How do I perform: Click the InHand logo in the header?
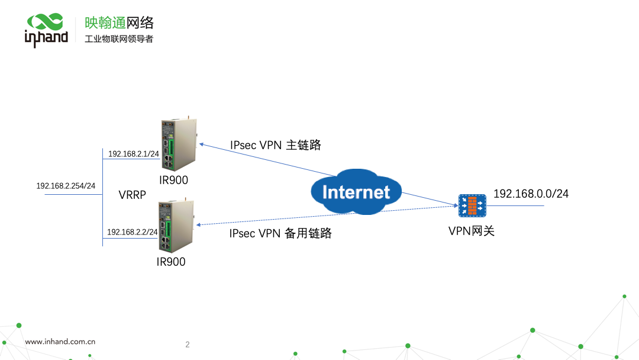[x=46, y=30]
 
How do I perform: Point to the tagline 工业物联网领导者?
[x=119, y=39]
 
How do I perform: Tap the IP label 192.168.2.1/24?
[x=134, y=154]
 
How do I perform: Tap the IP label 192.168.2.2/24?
[x=133, y=232]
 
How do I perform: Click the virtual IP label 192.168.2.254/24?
[x=66, y=186]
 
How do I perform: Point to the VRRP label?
[x=132, y=195]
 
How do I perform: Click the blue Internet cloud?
[x=356, y=191]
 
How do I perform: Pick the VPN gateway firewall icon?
[x=472, y=205]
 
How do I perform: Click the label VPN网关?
[x=471, y=231]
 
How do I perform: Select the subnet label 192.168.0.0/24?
[x=531, y=194]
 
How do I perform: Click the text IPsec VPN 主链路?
[x=275, y=145]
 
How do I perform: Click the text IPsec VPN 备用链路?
[x=280, y=233]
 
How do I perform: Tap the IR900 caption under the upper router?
[x=173, y=179]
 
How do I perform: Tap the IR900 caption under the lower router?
[x=171, y=262]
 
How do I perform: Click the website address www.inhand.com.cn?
[x=60, y=342]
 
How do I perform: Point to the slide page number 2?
[x=188, y=345]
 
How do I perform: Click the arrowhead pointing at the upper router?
[x=200, y=144]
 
